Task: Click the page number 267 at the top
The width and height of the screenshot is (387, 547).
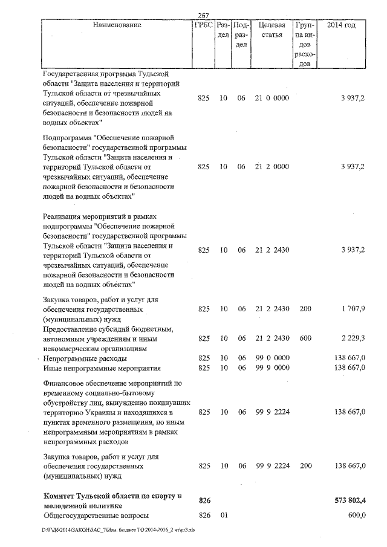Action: [x=203, y=16]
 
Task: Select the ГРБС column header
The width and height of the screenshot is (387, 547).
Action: [x=203, y=25]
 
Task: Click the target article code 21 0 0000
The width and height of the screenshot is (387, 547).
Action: [x=272, y=97]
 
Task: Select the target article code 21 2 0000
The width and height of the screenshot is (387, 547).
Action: [x=272, y=167]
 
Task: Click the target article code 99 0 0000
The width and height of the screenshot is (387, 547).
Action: [x=272, y=358]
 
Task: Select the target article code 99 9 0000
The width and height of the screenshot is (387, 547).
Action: [x=272, y=367]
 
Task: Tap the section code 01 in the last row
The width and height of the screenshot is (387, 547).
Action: [x=223, y=515]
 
